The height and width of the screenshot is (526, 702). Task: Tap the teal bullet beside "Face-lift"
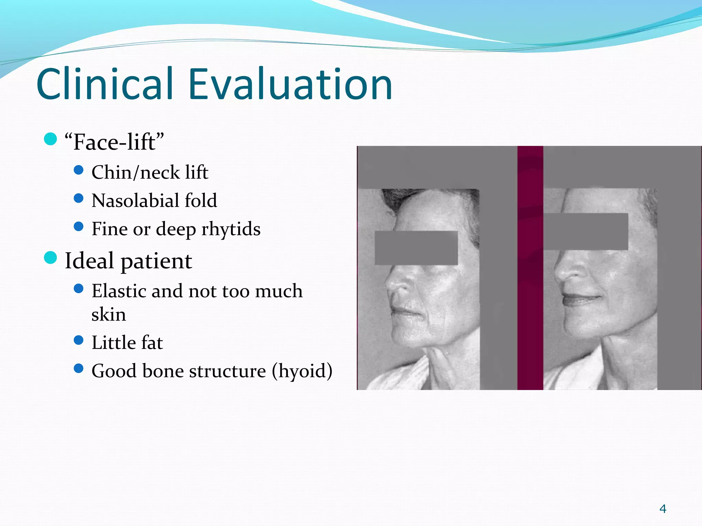[50, 139]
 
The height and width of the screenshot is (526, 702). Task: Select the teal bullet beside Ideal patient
[50, 258]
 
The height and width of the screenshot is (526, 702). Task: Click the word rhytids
[231, 229]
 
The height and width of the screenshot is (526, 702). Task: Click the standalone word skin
[108, 314]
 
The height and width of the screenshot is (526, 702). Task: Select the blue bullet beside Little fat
[78, 340]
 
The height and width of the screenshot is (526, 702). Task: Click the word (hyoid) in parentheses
[302, 371]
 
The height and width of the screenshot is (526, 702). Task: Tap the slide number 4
[663, 509]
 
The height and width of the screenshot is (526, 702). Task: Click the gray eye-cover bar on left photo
[416, 248]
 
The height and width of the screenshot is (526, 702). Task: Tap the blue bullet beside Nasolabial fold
[78, 198]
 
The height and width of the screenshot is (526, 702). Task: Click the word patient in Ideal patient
[156, 261]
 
